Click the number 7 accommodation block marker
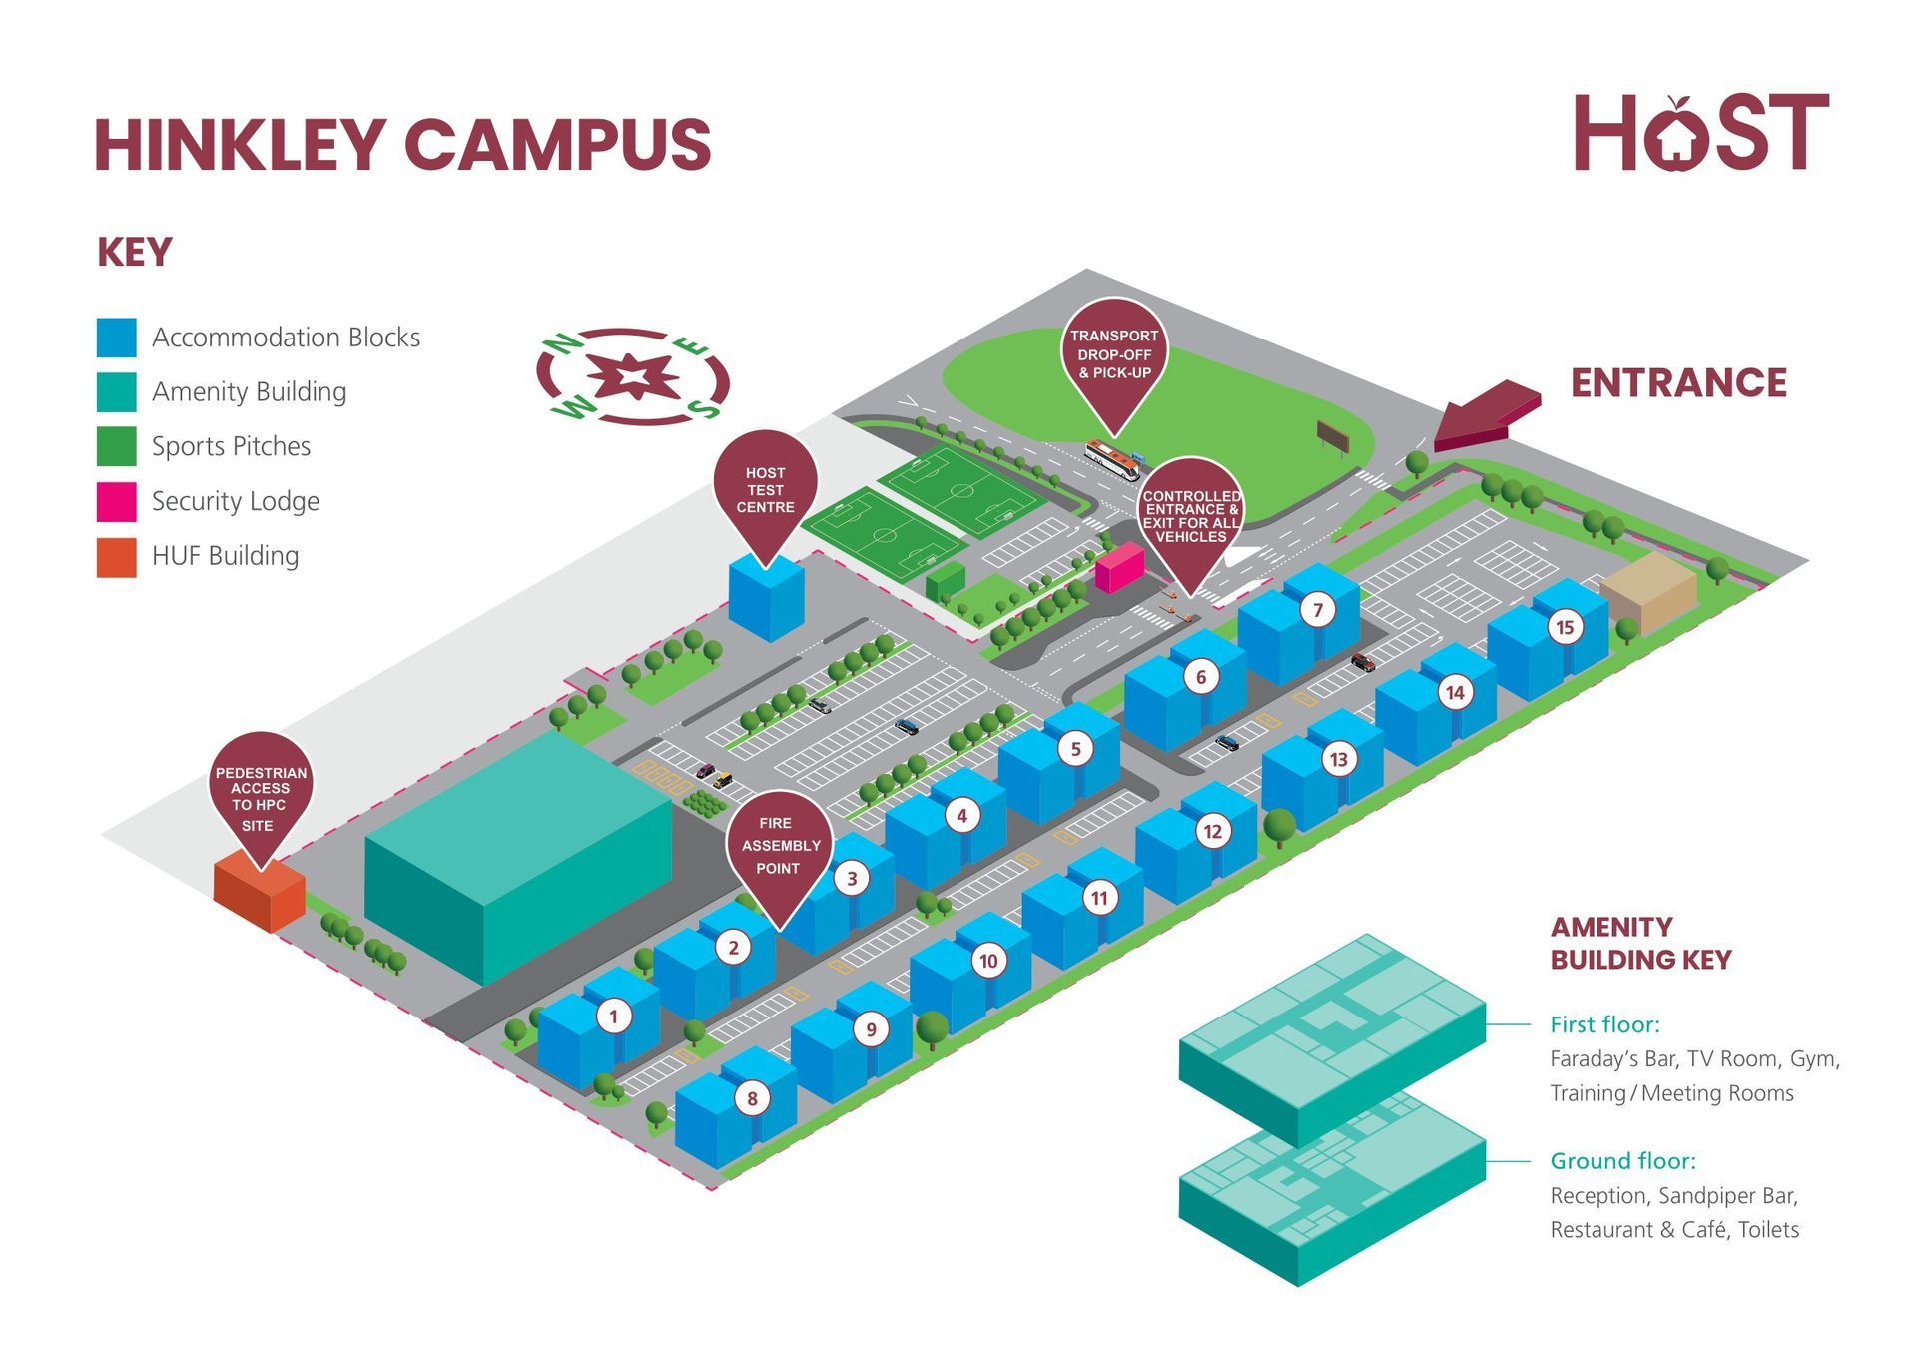click(1317, 610)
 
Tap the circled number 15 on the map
click(1565, 627)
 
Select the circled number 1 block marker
click(614, 1017)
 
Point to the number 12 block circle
click(1212, 831)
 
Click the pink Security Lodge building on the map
click(1117, 568)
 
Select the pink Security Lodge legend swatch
click(116, 501)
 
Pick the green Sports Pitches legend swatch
click(116, 446)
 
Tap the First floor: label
click(1604, 1024)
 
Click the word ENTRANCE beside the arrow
click(1678, 383)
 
